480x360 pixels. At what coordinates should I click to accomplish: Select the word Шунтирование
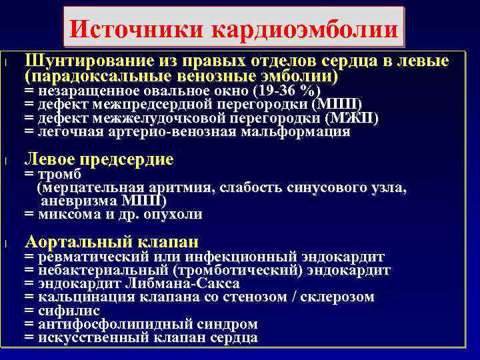(x=85, y=62)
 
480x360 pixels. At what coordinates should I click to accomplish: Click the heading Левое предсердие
(x=99, y=159)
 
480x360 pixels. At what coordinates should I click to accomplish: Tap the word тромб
(x=57, y=174)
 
